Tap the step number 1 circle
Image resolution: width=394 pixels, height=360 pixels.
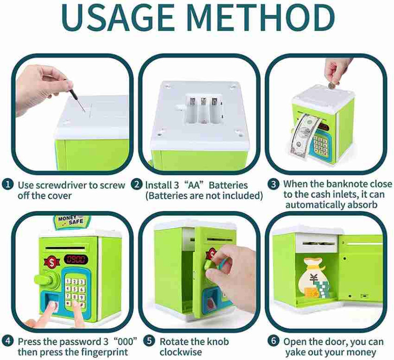pos(7,185)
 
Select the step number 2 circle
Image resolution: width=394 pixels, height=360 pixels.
pos(137,185)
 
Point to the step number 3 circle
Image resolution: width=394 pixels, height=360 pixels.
pos(273,184)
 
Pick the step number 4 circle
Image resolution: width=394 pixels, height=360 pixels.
pos(7,341)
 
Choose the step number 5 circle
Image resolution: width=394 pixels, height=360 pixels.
pos(149,341)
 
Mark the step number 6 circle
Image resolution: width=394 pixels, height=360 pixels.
pos(273,341)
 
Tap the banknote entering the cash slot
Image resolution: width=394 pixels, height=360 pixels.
pos(302,137)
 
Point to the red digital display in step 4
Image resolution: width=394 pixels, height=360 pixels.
pos(76,259)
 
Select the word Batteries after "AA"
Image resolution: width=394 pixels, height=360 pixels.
pos(228,185)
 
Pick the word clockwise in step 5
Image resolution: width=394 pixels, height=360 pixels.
pos(180,352)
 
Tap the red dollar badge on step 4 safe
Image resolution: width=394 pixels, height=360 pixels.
pos(52,262)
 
